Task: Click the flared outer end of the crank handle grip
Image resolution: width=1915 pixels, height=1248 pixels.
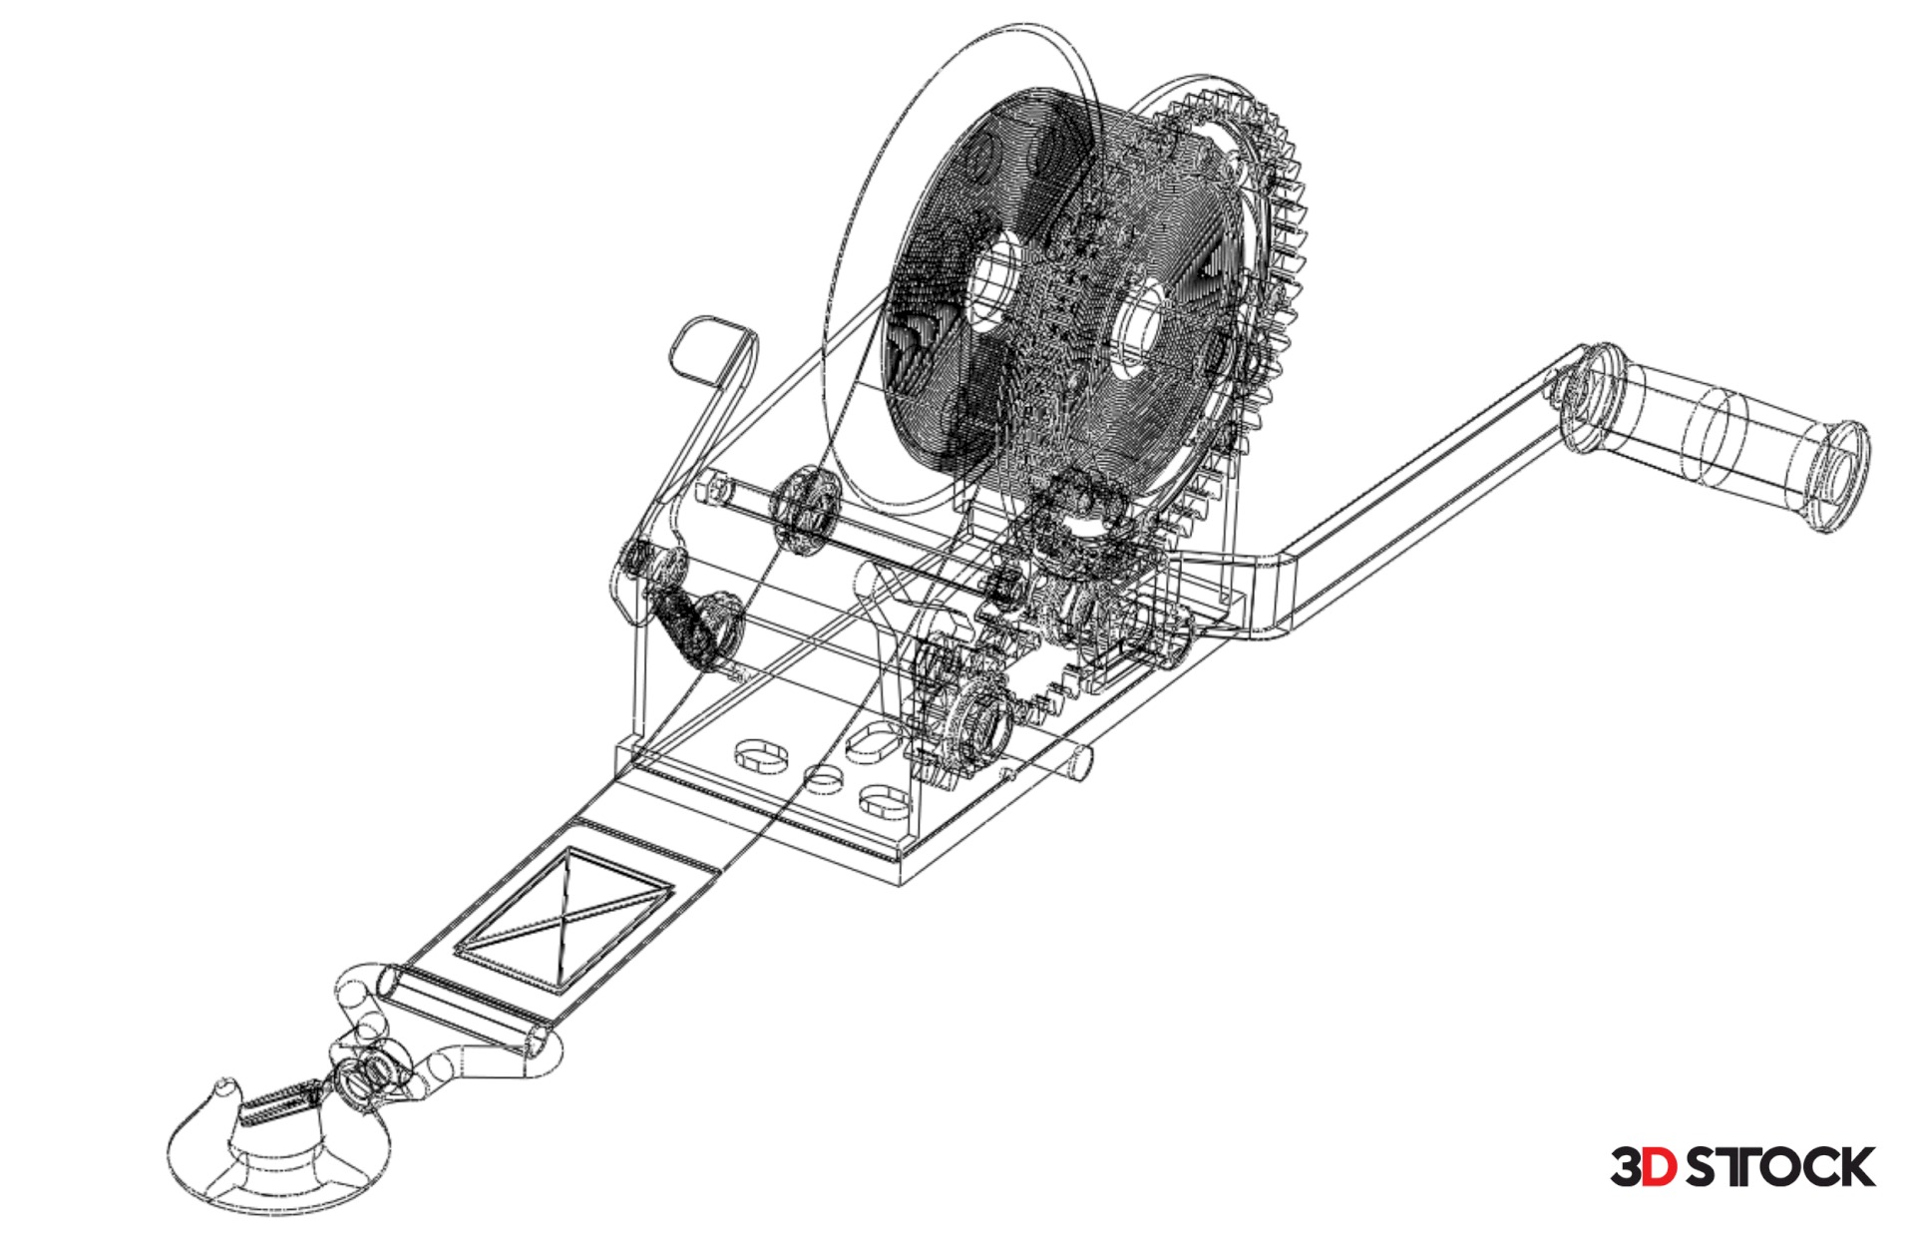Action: click(x=1837, y=477)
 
